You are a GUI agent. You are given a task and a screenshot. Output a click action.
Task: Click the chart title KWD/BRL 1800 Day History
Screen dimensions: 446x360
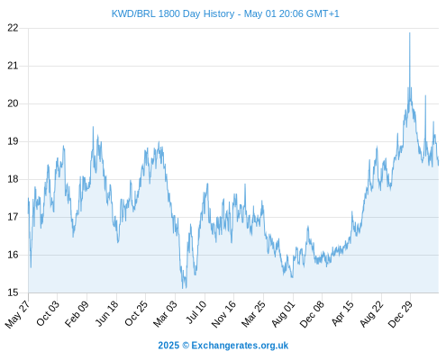173,13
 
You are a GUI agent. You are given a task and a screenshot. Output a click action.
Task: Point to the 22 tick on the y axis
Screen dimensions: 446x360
13,28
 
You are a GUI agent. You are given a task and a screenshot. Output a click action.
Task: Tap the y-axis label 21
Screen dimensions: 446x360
13,66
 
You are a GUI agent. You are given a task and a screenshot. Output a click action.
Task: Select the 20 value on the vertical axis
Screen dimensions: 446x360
13,103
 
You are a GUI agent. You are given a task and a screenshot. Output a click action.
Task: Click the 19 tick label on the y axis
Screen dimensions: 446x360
13,141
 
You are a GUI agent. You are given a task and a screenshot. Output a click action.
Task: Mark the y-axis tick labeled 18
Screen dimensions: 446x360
13,179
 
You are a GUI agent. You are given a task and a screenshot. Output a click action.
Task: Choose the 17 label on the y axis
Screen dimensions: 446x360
13,217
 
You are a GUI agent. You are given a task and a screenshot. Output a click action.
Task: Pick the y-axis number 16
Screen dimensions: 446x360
13,255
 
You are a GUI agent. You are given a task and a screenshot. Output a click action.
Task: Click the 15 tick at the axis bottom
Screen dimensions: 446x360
13,292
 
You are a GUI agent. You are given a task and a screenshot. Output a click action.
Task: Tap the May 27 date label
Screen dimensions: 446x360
17,313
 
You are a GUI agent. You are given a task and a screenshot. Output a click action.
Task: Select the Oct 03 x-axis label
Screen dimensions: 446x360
48,313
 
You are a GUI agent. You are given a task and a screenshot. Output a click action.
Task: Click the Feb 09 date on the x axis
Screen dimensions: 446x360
77,313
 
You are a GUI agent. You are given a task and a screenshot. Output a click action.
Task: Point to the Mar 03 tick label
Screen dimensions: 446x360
165,313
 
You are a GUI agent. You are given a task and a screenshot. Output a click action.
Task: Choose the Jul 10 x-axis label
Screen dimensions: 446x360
196,311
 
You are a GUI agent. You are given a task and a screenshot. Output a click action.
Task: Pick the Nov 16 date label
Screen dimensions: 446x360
223,313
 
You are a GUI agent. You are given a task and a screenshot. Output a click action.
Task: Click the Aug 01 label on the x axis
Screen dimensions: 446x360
283,313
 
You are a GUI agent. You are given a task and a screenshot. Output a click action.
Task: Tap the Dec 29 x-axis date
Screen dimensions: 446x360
400,313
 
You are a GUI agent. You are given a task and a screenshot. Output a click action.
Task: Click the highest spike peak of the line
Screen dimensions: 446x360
409,32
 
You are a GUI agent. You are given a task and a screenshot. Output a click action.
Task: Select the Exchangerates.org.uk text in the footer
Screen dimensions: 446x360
240,346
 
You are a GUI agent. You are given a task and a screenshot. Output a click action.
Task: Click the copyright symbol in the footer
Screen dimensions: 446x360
186,346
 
